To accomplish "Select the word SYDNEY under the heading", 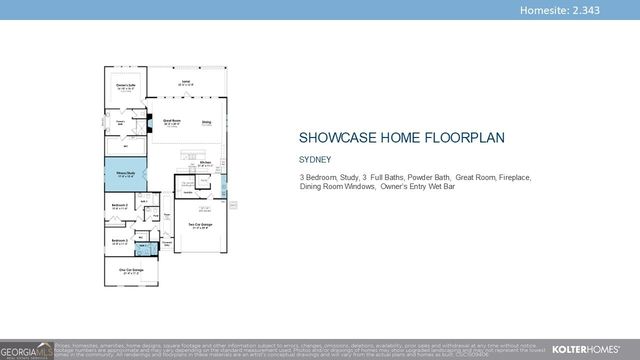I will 314,158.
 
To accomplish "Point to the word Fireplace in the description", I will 511,177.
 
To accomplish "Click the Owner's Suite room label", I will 125,86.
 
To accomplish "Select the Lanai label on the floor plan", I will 185,83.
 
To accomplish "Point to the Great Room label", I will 171,122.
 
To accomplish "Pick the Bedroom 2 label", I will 118,207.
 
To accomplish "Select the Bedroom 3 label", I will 118,241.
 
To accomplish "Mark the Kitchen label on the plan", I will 204,164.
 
